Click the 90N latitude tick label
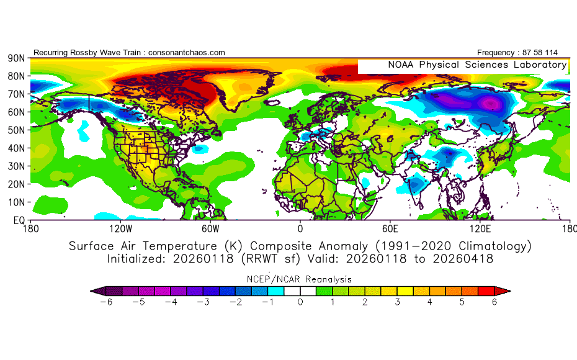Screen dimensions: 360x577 [16, 58]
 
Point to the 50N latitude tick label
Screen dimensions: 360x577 [16, 130]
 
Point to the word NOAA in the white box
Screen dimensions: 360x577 [401, 65]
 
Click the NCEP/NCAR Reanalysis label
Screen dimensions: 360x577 [300, 279]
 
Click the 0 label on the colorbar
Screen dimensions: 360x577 [300, 302]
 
